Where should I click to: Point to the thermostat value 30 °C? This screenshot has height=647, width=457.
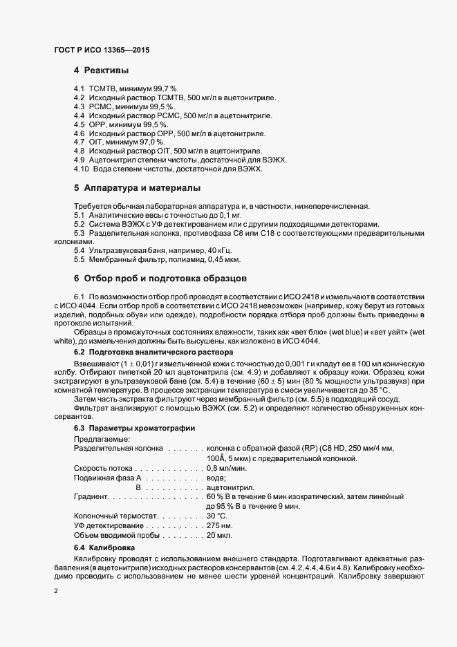click(x=216, y=516)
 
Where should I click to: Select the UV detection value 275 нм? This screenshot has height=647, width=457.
click(x=218, y=526)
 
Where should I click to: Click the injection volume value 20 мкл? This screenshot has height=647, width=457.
click(x=219, y=536)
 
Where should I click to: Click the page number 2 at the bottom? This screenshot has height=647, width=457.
click(x=56, y=592)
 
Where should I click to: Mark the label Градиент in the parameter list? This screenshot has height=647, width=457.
click(x=90, y=497)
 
